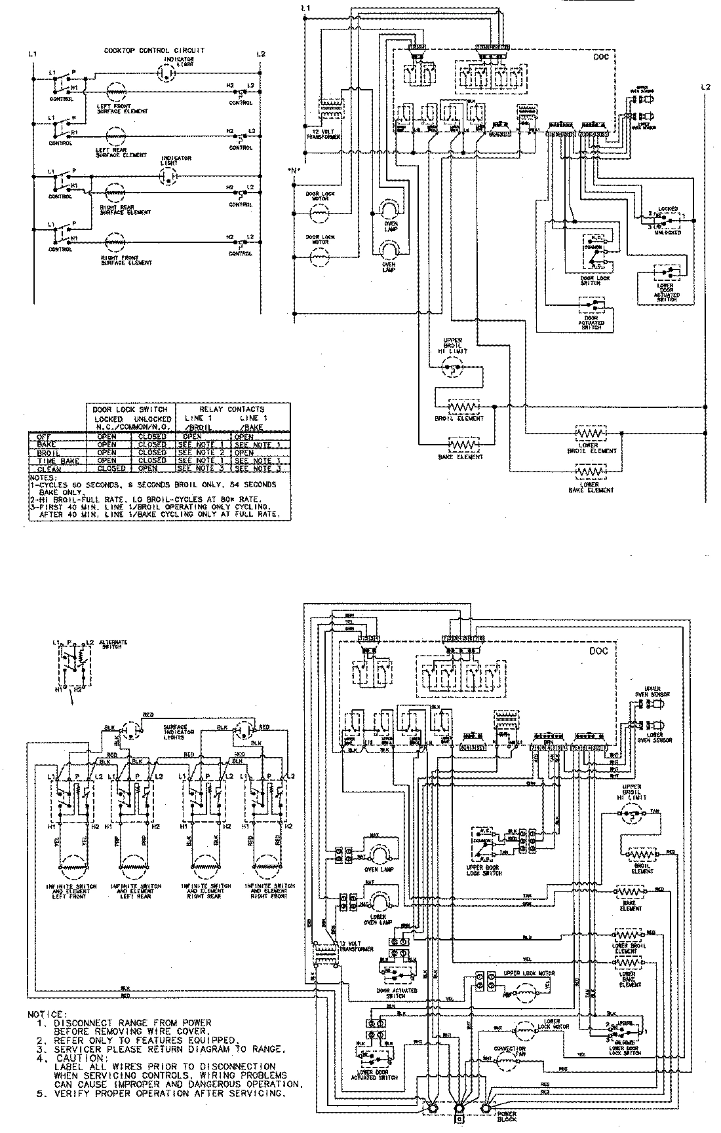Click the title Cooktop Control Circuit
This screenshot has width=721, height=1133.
click(154, 50)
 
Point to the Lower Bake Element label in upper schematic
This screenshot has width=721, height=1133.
click(591, 487)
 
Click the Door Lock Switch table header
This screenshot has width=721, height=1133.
click(131, 409)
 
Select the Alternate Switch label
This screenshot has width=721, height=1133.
click(113, 644)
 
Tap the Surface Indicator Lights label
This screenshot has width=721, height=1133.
click(175, 732)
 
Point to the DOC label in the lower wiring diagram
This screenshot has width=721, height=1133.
click(598, 650)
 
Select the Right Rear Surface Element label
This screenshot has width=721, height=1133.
click(125, 210)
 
